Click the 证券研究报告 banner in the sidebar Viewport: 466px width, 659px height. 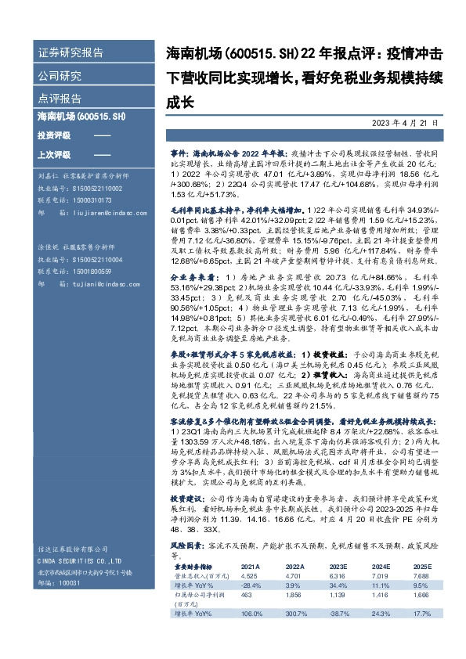(70, 54)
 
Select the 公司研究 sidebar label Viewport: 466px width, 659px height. (60, 77)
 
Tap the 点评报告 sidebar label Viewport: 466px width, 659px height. (60, 99)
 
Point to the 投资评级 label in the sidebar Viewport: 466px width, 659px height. (53, 135)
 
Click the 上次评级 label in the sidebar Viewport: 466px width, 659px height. (53, 153)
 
